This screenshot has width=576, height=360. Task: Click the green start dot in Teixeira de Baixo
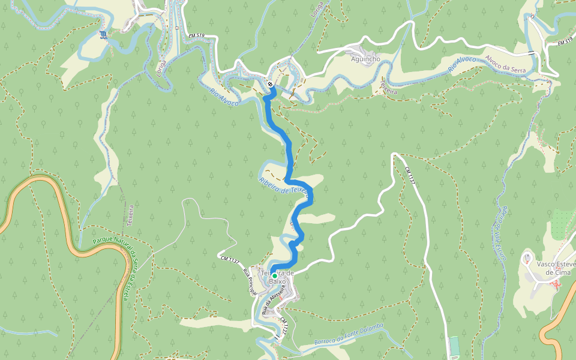[275, 276]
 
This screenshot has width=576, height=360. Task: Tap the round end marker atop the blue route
[271, 85]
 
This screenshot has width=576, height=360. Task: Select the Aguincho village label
[365, 59]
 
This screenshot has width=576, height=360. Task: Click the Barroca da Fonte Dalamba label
[349, 334]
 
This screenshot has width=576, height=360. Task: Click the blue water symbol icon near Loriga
[105, 35]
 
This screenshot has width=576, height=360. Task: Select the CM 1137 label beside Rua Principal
[230, 259]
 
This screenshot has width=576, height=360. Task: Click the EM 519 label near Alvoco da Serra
[565, 43]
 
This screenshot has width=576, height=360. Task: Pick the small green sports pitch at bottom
[454, 346]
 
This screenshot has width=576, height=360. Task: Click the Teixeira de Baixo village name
[277, 277]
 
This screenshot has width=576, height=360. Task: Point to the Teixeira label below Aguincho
[388, 89]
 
